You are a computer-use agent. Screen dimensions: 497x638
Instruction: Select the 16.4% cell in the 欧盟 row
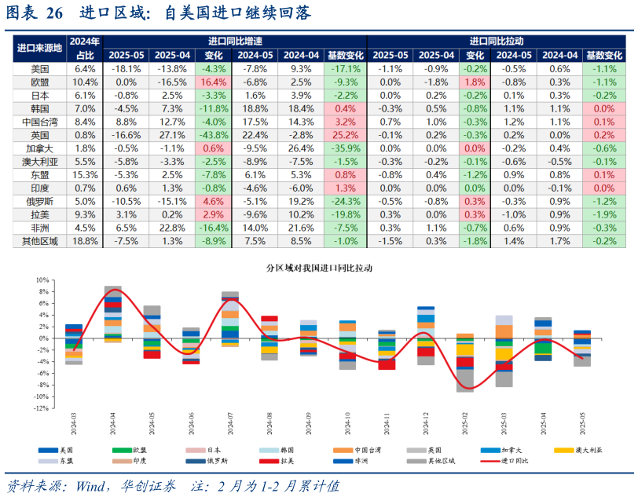pyautogui.click(x=214, y=82)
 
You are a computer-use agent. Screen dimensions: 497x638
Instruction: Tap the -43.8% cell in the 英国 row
pyautogui.click(x=214, y=135)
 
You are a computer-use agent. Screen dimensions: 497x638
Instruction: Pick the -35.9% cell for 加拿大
pyautogui.click(x=345, y=148)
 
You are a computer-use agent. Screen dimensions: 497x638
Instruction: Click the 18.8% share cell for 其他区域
pyautogui.click(x=85, y=242)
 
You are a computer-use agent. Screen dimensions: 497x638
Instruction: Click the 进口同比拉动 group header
pyautogui.click(x=497, y=41)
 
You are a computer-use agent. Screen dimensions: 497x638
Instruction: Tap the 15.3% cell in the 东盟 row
pyautogui.click(x=85, y=175)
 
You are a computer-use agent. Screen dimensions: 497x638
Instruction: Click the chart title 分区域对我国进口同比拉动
pyautogui.click(x=319, y=268)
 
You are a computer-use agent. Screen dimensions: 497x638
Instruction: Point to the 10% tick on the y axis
pyautogui.click(x=42, y=280)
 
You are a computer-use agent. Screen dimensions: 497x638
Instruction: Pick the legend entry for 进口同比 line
pyautogui.click(x=515, y=461)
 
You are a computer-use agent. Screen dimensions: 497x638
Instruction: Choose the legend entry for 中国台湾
pyautogui.click(x=372, y=450)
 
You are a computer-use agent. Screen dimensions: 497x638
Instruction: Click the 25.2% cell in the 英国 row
pyautogui.click(x=345, y=135)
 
